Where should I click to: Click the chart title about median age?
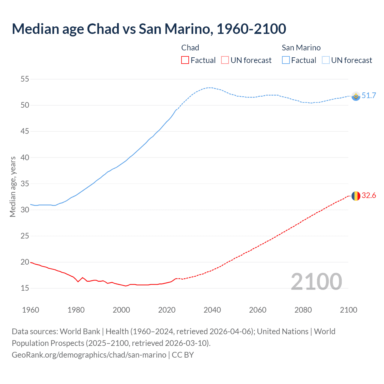(149, 29)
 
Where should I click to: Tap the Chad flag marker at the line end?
(356, 196)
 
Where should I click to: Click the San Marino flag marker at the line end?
(356, 96)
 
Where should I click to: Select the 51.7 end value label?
(369, 96)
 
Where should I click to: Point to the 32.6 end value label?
(369, 196)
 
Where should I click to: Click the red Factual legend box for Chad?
(185, 60)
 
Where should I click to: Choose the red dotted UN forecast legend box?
(225, 60)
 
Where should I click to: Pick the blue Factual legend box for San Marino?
(286, 60)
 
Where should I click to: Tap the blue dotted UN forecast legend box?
(326, 60)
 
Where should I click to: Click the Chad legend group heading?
(190, 48)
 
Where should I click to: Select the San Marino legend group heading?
(301, 48)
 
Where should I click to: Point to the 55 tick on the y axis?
(25, 79)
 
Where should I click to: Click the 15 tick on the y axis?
(25, 288)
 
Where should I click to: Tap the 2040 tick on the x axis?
(212, 310)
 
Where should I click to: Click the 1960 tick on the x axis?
(31, 310)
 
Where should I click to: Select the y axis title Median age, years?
(13, 187)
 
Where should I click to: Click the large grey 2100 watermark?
(316, 281)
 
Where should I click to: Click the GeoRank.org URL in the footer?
(89, 355)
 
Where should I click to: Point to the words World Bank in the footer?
(80, 331)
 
